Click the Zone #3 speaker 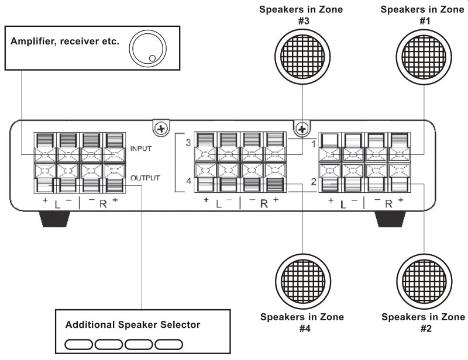click(302, 57)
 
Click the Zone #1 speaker click(424, 57)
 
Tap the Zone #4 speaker click(303, 282)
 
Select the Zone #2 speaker click(424, 282)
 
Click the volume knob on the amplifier click(148, 49)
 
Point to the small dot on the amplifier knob click(152, 58)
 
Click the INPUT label click(141, 148)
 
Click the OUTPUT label click(145, 178)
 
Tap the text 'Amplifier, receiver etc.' click(65, 41)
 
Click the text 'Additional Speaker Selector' click(133, 324)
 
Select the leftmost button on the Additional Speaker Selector click(78, 344)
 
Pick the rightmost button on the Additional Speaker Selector click(168, 344)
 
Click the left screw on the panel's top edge click(161, 129)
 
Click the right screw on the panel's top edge click(302, 129)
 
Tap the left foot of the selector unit click(55, 219)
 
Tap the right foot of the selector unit click(390, 219)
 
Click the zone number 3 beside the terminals click(188, 143)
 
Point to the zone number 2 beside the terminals click(314, 181)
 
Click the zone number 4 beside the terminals click(188, 181)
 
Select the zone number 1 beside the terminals click(314, 144)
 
